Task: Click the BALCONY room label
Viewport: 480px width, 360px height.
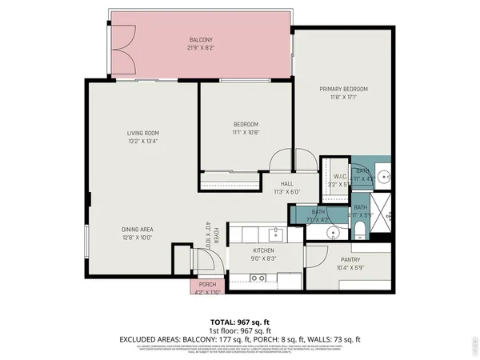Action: point(200,40)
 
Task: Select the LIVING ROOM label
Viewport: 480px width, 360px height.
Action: point(142,133)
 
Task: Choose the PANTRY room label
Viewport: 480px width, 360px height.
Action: point(350,259)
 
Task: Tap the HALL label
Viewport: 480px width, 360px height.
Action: point(286,184)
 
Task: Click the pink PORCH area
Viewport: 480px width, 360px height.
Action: point(207,286)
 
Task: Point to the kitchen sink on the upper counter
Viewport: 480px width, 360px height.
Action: point(275,233)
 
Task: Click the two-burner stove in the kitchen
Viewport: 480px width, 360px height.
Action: point(258,278)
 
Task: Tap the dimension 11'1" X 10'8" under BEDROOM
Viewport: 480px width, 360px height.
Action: point(246,132)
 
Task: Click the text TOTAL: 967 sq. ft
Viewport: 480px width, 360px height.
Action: point(240,321)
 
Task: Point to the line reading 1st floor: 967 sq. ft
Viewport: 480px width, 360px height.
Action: point(240,330)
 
